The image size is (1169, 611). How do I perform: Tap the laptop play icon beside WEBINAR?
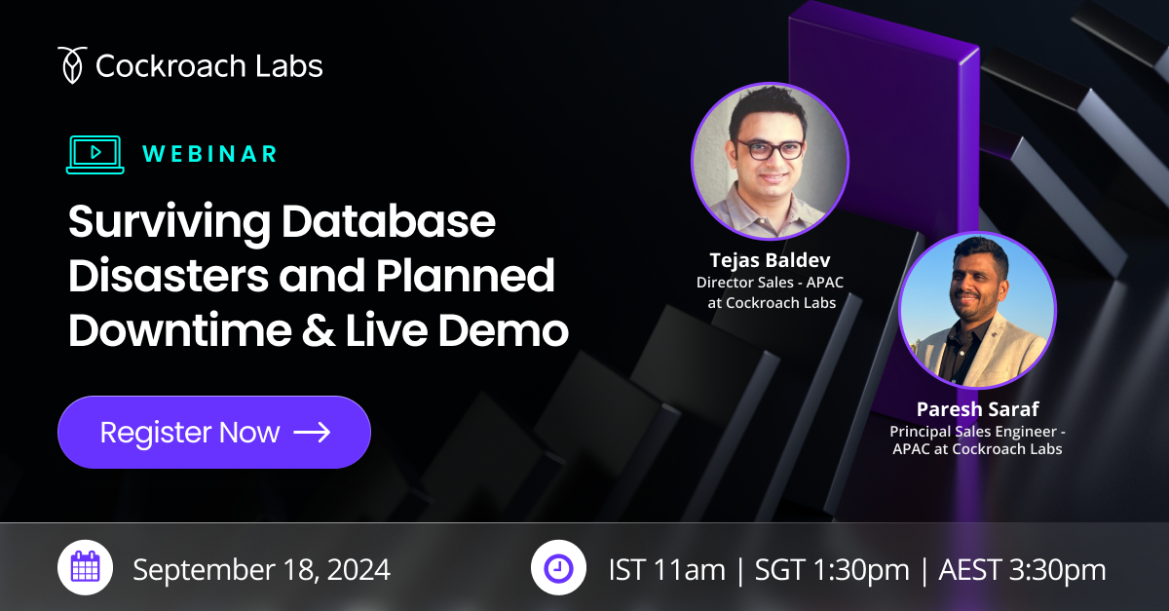tap(94, 154)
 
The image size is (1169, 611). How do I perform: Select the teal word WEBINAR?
tap(209, 154)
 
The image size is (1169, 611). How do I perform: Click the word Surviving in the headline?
tap(169, 224)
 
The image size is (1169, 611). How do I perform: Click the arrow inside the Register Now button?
tap(312, 432)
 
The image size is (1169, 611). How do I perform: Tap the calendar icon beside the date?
tap(86, 568)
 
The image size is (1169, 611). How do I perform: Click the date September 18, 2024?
tap(261, 569)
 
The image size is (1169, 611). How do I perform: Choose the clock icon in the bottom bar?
tap(558, 568)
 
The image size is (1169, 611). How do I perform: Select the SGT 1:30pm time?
tap(819, 569)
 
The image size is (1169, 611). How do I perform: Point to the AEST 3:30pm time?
tap(1022, 569)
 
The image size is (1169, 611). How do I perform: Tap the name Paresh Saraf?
tap(977, 409)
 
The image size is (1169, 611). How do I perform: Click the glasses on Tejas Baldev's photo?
tap(770, 149)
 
